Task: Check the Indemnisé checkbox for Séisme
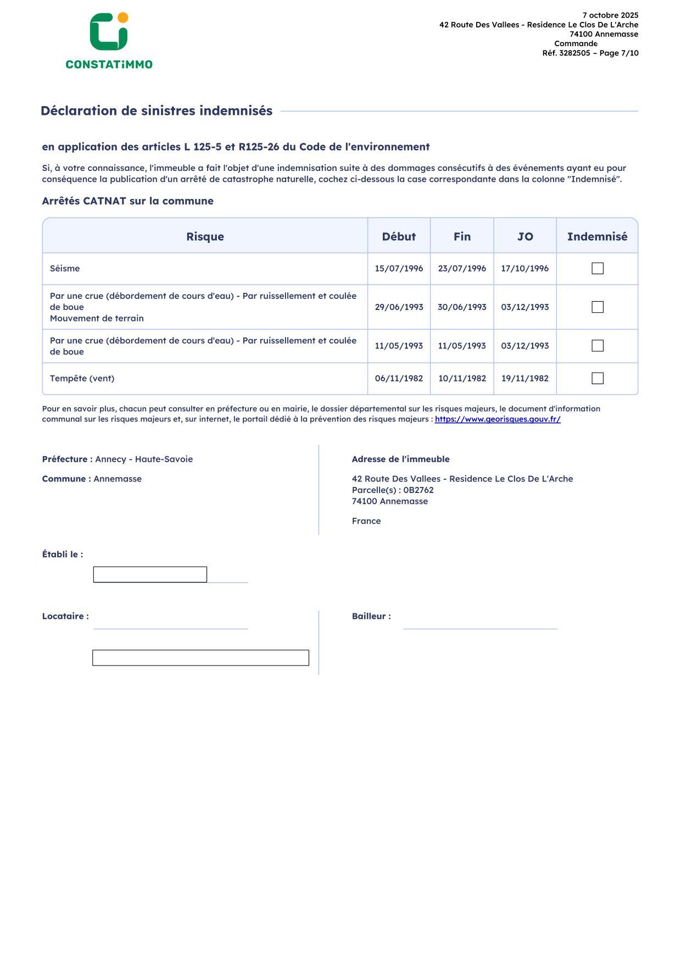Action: pyautogui.click(x=598, y=268)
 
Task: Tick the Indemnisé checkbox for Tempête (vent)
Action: pyautogui.click(x=598, y=378)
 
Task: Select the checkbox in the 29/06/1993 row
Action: pyautogui.click(x=598, y=307)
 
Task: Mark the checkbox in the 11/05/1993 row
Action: pyautogui.click(x=598, y=346)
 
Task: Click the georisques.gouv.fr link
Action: pyautogui.click(x=498, y=419)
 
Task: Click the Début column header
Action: pyautogui.click(x=399, y=236)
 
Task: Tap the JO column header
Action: pyautogui.click(x=525, y=236)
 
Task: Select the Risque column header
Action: pyautogui.click(x=205, y=236)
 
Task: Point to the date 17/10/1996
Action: pyautogui.click(x=525, y=268)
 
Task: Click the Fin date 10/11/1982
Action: pyautogui.click(x=462, y=378)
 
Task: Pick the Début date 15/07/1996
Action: pyautogui.click(x=399, y=268)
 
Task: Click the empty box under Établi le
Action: pyautogui.click(x=150, y=574)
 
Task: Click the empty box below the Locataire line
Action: pyautogui.click(x=200, y=658)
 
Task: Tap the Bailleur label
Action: pyautogui.click(x=371, y=616)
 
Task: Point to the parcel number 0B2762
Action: pyautogui.click(x=418, y=490)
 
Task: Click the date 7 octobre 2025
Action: pyautogui.click(x=610, y=15)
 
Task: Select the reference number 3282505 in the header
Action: pyautogui.click(x=574, y=53)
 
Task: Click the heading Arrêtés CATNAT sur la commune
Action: pyautogui.click(x=127, y=201)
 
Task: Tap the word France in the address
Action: pyautogui.click(x=366, y=521)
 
